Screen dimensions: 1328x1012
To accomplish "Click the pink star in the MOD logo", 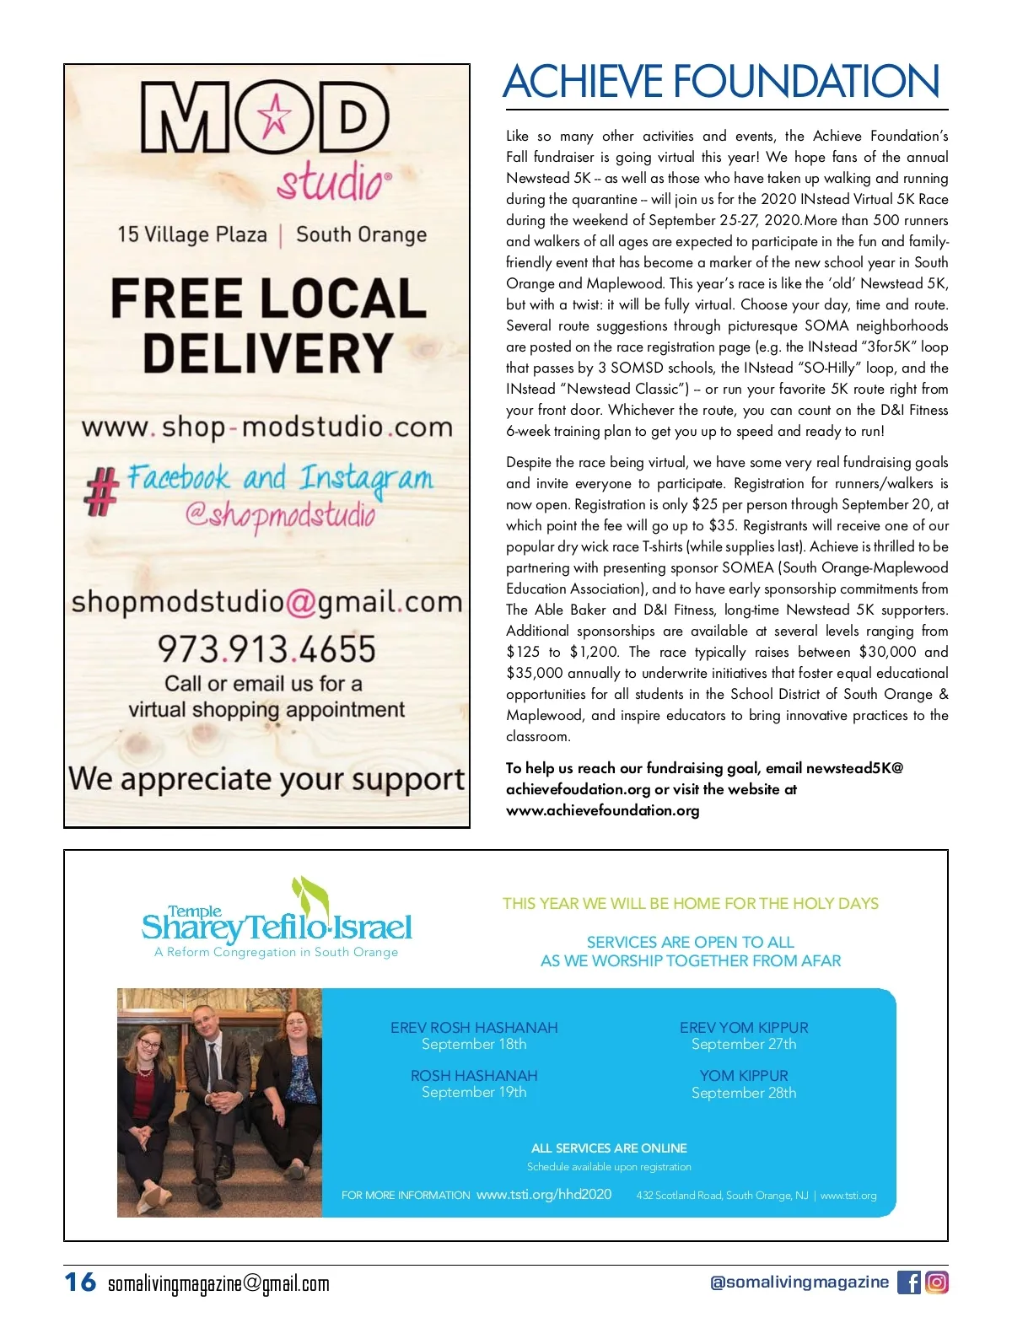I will pyautogui.click(x=273, y=117).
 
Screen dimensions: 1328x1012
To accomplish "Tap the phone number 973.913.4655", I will pyautogui.click(x=266, y=649).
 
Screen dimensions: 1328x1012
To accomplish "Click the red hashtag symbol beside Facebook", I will pyautogui.click(x=100, y=492).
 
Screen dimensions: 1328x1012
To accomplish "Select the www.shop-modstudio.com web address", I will pyautogui.click(x=267, y=427).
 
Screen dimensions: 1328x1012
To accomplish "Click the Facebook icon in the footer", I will pyautogui.click(x=908, y=1282).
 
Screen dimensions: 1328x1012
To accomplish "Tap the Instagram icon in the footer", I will pyautogui.click(x=937, y=1282).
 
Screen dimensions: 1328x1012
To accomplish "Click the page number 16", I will pyautogui.click(x=81, y=1282).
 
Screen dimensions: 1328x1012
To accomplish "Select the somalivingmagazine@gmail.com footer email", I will pyautogui.click(x=218, y=1284).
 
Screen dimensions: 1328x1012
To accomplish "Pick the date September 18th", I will pyautogui.click(x=474, y=1045).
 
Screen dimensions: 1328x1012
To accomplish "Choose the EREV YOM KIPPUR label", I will pyautogui.click(x=744, y=1028).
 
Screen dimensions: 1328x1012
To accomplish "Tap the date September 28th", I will pyautogui.click(x=744, y=1093).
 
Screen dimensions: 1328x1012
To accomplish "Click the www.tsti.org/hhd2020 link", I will pyautogui.click(x=544, y=1195).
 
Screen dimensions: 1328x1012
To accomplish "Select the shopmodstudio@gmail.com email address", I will pyautogui.click(x=267, y=602).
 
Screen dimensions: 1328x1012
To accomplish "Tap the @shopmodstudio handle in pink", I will pyautogui.click(x=280, y=513).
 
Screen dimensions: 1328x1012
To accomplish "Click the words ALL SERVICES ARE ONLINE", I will pyautogui.click(x=609, y=1148).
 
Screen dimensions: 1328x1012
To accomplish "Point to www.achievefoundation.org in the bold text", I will pyautogui.click(x=602, y=811).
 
